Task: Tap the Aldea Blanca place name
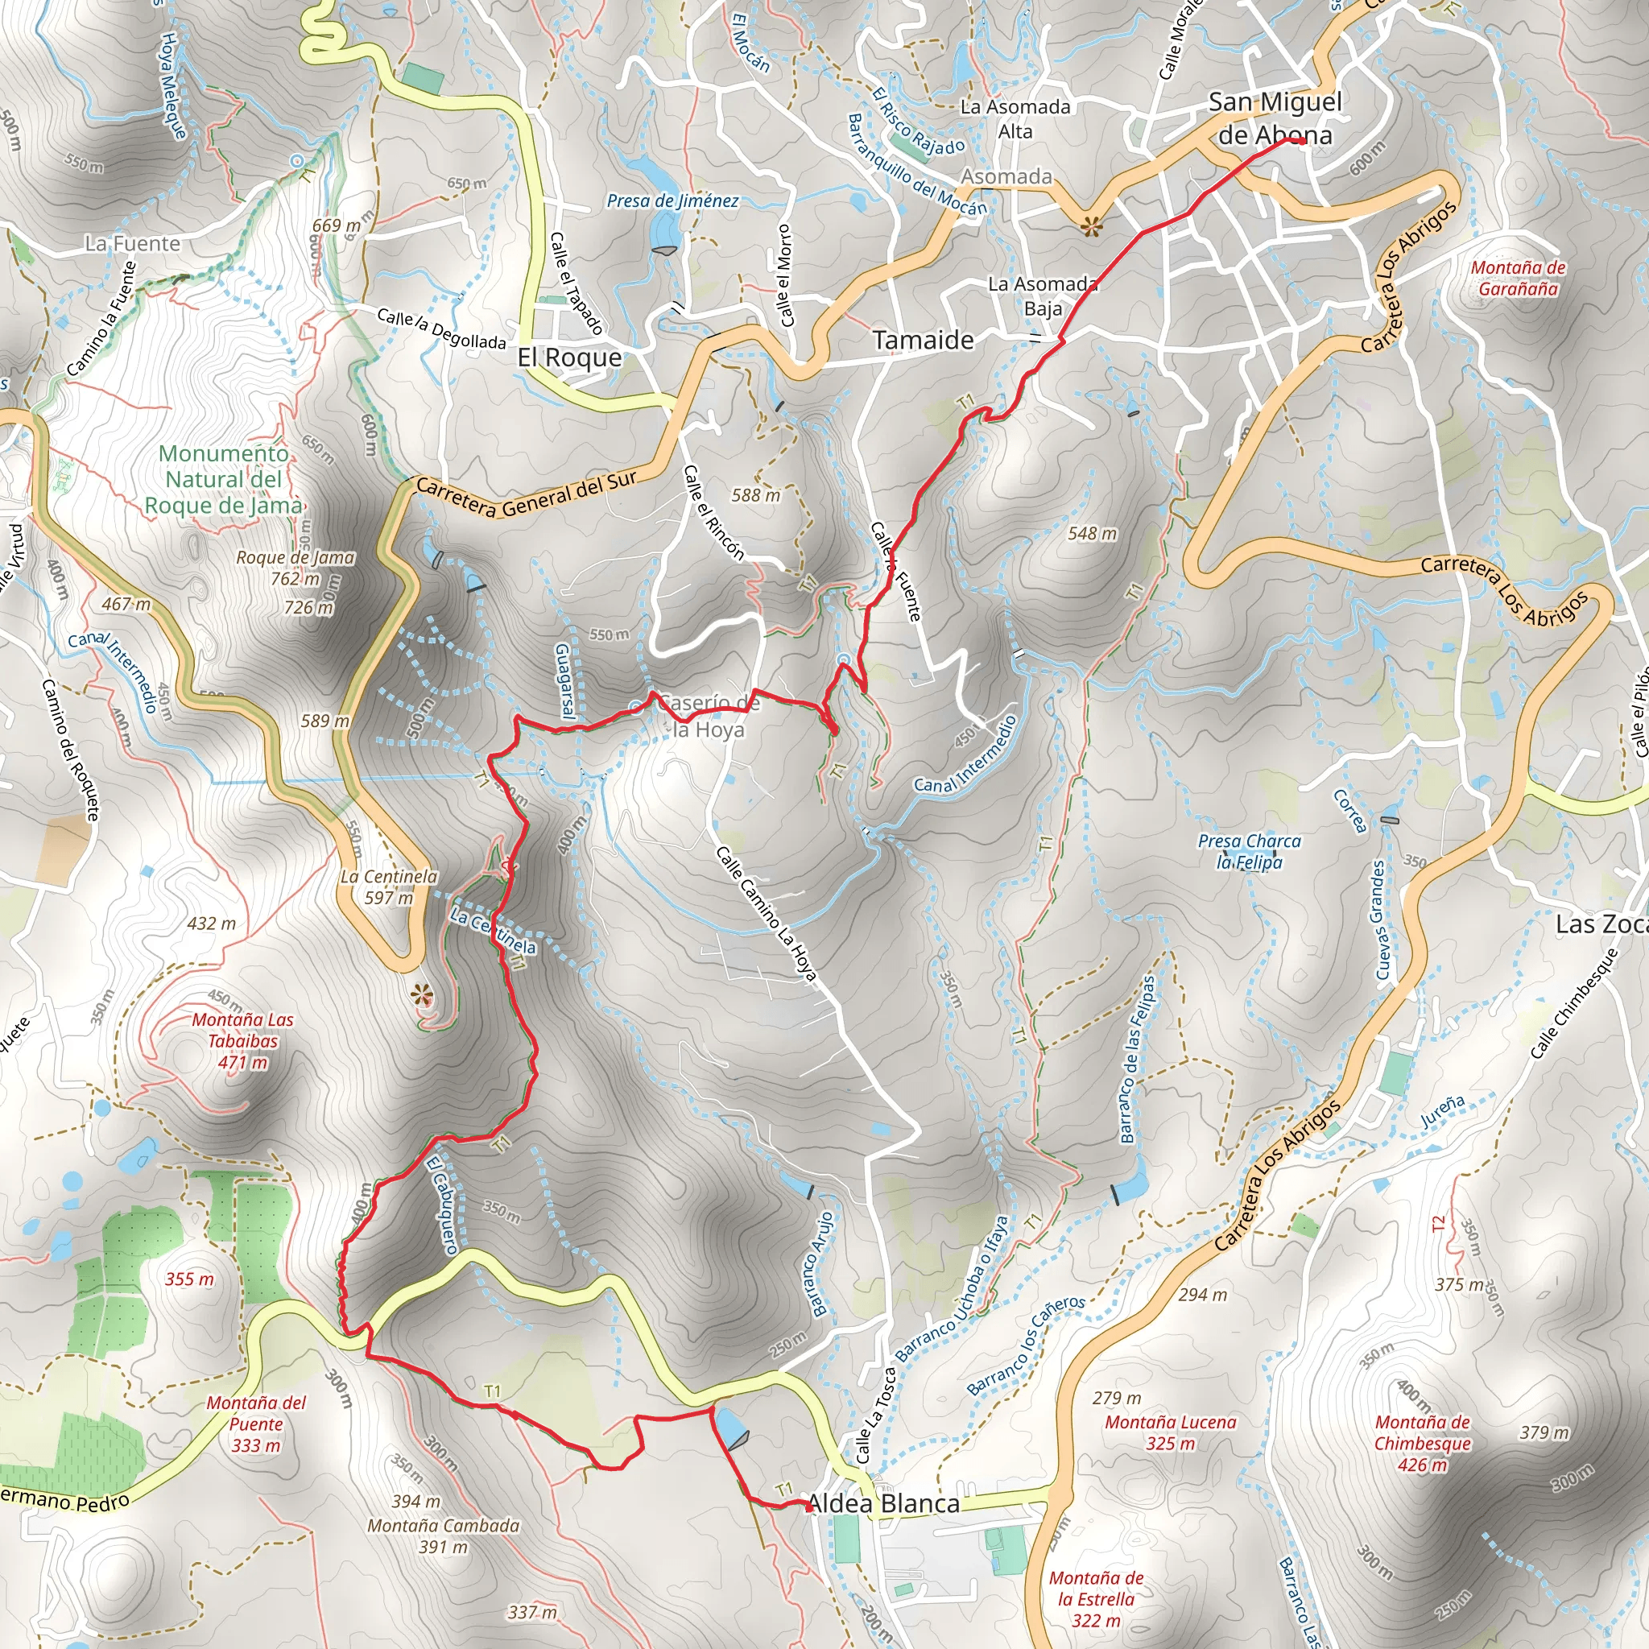883,1503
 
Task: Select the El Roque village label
569,357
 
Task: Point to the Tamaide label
923,340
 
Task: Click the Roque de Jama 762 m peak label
295,568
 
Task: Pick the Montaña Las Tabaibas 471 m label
242,1040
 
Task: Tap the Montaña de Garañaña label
1518,278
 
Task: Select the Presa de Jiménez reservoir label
672,200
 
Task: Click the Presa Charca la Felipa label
1249,851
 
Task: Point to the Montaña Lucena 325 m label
1169,1432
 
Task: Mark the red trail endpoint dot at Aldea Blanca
809,1507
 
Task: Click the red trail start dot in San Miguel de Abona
1299,141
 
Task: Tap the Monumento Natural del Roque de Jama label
223,480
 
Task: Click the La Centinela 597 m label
388,886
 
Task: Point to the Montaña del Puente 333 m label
255,1424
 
